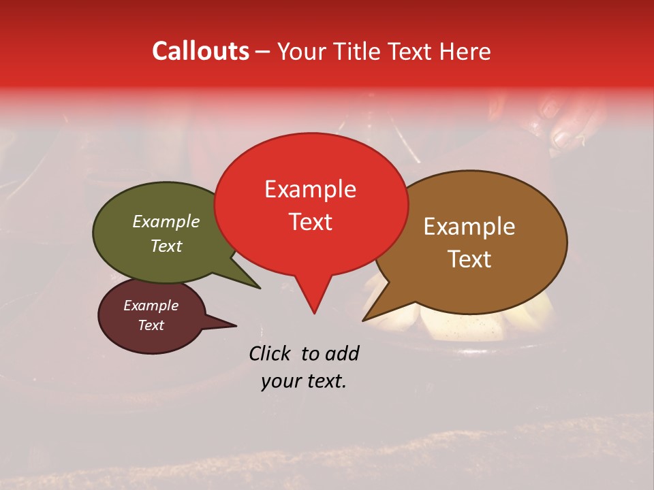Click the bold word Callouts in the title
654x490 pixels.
200,51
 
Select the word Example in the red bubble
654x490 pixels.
310,189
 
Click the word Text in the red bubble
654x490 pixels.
310,222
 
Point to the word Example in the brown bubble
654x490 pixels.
469,227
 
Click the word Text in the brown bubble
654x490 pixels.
469,259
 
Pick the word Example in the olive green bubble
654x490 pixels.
166,221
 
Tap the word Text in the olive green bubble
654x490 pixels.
166,246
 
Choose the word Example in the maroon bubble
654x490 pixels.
151,306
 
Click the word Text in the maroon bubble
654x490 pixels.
151,325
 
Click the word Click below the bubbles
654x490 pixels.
271,353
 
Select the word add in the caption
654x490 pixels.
343,353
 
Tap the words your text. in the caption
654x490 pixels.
303,381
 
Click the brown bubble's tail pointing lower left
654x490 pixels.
371,314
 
